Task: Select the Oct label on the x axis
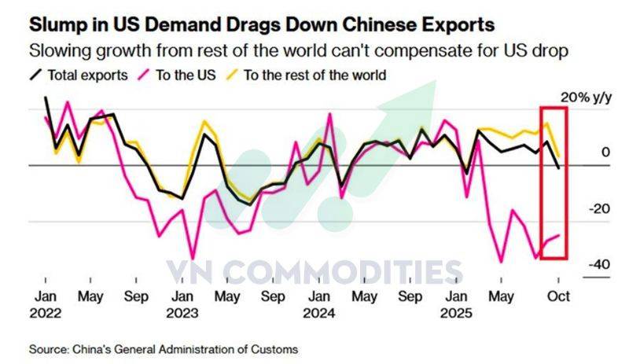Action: (557, 297)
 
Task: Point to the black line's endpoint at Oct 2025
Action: (558, 167)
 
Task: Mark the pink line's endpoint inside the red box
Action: (559, 235)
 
